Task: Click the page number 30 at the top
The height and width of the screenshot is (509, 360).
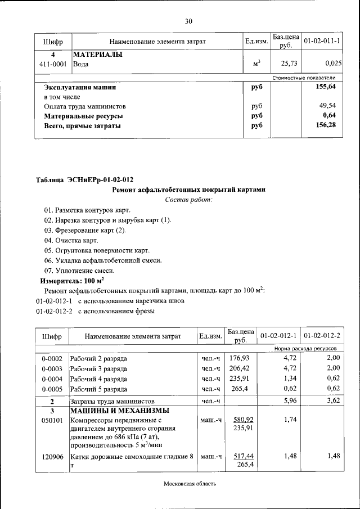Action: point(189,21)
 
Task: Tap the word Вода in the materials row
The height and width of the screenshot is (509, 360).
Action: point(81,65)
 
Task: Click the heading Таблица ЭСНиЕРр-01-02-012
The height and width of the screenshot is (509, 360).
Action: point(84,180)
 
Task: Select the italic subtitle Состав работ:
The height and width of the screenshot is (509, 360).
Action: point(188,200)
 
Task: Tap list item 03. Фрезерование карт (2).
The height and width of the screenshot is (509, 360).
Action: point(85,230)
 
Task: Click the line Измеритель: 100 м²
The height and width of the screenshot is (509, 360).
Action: point(72,280)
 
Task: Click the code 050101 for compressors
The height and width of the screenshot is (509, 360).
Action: point(52,420)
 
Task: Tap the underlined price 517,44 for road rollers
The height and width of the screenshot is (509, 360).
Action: point(243,456)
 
